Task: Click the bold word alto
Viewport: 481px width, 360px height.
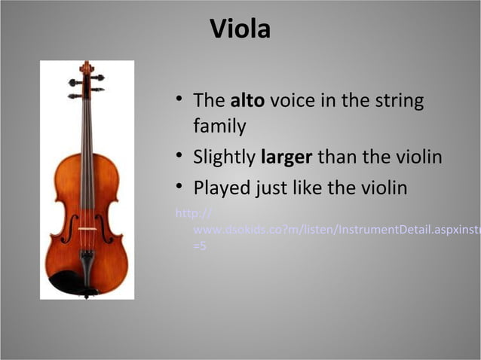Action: point(247,100)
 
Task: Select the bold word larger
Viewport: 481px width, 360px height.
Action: point(286,158)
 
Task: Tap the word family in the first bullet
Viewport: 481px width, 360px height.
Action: point(219,126)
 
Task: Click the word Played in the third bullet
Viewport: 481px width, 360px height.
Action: point(218,187)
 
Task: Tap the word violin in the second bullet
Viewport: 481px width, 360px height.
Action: point(415,158)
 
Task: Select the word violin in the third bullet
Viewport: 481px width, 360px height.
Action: point(381,187)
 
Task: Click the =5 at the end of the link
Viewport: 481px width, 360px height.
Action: point(201,246)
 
